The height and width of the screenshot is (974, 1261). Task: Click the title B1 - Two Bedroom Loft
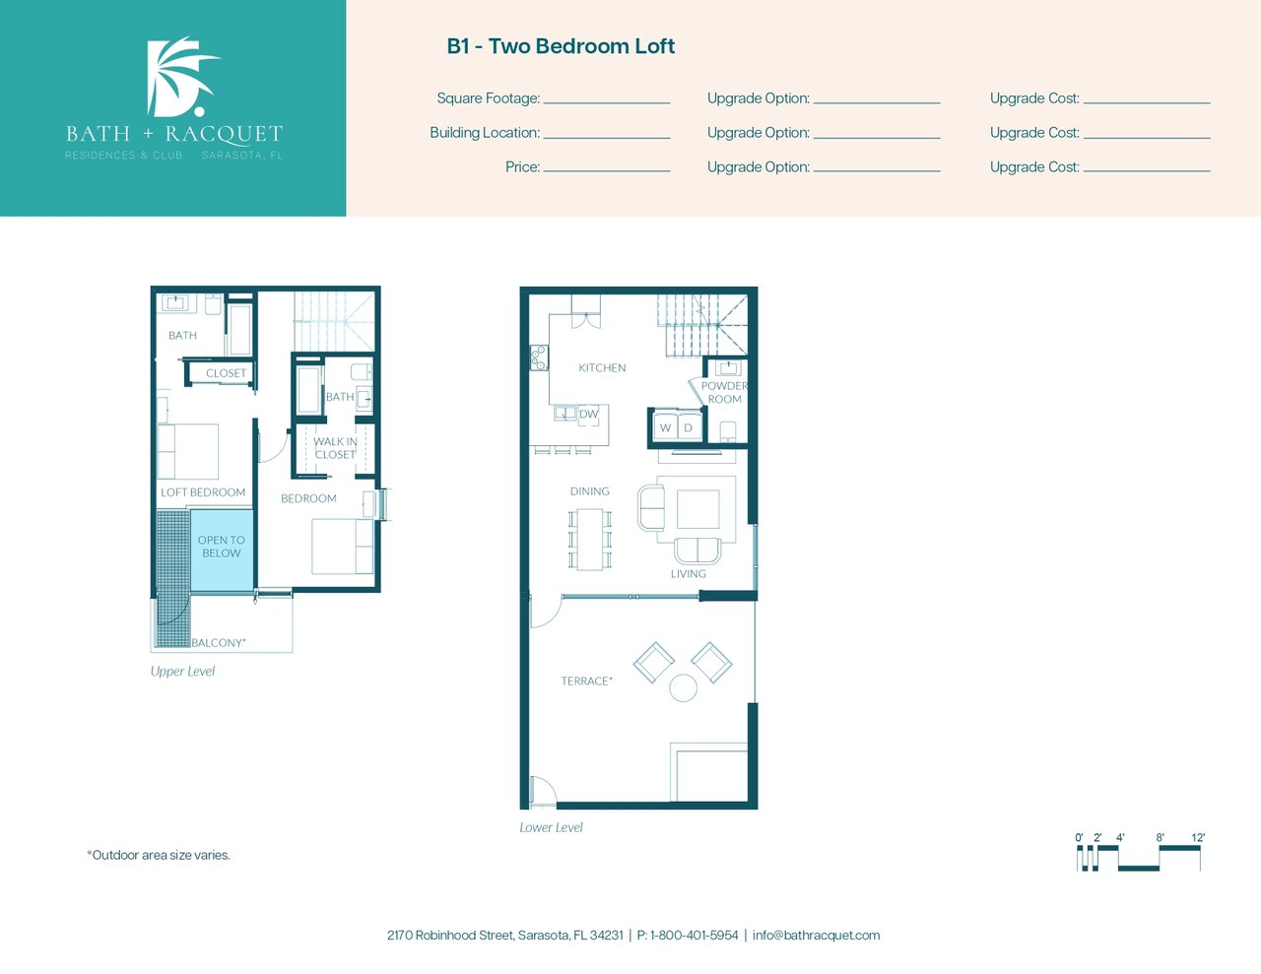[561, 46]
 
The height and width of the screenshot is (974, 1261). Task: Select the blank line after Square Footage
[607, 102]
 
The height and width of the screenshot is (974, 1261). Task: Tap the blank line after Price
[607, 171]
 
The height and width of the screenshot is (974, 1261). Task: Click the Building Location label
[485, 133]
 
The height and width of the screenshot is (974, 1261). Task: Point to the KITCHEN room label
[602, 367]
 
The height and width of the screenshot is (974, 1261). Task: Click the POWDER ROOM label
[724, 392]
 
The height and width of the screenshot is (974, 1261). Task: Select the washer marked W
[665, 428]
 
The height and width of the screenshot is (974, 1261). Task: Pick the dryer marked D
[690, 428]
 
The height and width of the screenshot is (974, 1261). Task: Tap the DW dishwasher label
[588, 415]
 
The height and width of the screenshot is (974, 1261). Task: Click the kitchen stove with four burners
[539, 357]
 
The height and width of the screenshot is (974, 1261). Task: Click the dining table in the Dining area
[589, 539]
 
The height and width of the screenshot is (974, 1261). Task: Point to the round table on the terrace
[683, 688]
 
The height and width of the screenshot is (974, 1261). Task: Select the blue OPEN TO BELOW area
[222, 550]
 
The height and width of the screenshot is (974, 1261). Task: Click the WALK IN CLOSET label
[335, 448]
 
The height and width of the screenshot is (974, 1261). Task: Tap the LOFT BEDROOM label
[203, 492]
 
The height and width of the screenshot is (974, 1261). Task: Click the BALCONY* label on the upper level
[219, 643]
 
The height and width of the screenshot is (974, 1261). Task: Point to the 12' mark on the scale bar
[1198, 838]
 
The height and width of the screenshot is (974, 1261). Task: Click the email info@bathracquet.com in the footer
[816, 936]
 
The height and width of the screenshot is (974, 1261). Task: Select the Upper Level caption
[183, 672]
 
